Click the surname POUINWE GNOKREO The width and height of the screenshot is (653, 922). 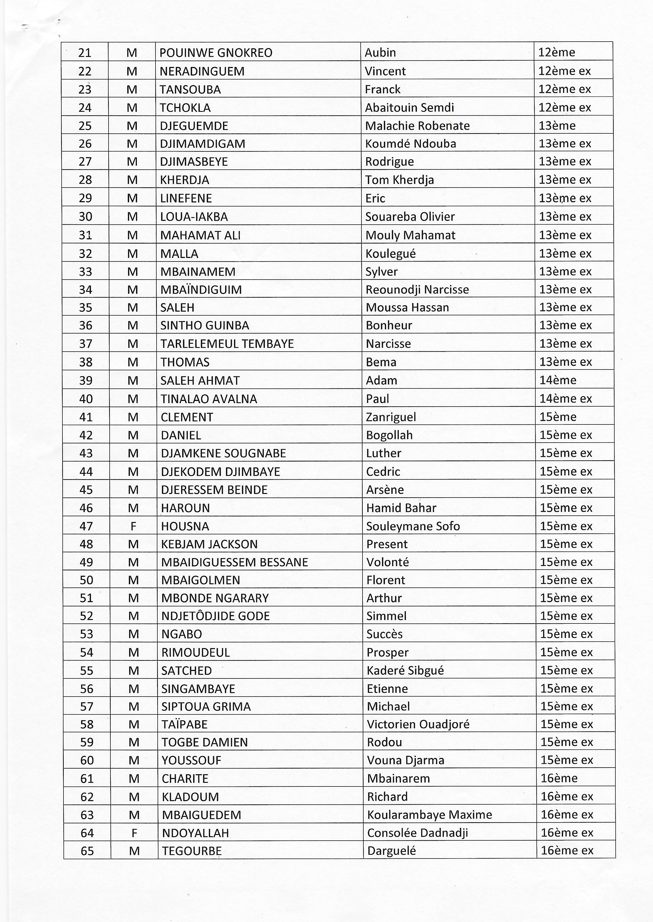point(216,53)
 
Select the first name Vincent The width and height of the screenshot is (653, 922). point(385,71)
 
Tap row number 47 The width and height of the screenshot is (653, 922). point(86,526)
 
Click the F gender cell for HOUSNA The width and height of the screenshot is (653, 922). point(133,526)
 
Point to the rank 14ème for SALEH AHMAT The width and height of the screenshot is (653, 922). point(558,380)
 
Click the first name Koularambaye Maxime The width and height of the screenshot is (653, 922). point(429,815)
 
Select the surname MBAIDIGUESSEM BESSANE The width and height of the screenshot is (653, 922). point(234,562)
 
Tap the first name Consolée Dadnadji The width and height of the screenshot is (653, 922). point(417,833)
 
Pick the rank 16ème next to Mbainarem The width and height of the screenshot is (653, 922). point(559,778)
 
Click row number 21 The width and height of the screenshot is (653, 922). point(85,53)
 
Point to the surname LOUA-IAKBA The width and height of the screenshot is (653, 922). point(194,217)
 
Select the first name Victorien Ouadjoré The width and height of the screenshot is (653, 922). point(418,724)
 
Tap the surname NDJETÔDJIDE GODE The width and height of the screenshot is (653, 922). point(216,616)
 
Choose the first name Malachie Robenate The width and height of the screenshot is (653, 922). point(417,126)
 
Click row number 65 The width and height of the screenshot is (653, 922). point(87,851)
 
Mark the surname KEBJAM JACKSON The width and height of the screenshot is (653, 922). point(209,544)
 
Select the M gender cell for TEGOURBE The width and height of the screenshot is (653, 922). point(134,851)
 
